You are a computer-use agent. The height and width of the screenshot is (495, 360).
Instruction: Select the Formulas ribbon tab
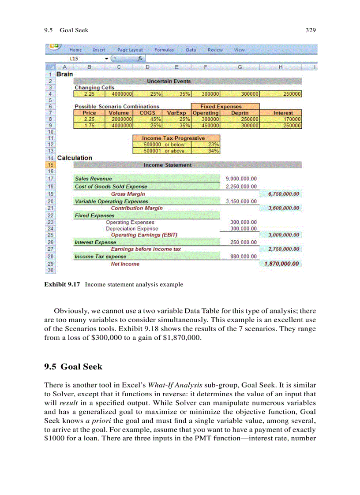(164, 50)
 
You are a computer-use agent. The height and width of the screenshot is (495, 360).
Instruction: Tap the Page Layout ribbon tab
(130, 50)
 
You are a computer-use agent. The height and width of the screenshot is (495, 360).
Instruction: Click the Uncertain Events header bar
(169, 81)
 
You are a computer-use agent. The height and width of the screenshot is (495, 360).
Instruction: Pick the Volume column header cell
(119, 113)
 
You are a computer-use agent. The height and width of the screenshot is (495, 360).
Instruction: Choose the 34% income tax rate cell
(213, 151)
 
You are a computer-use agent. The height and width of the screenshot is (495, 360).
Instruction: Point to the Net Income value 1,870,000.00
(281, 264)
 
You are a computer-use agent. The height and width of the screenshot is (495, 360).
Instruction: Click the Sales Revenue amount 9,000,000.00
(241, 179)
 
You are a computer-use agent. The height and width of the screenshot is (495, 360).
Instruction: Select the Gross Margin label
(127, 194)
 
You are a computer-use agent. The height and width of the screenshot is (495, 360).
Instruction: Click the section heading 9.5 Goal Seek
(73, 367)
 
